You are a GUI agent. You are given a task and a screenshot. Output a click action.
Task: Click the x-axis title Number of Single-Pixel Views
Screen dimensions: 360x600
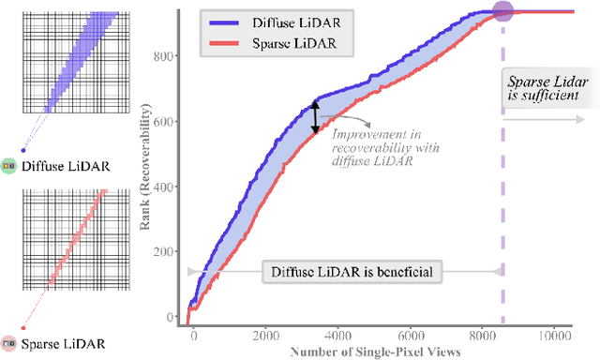tap(375, 352)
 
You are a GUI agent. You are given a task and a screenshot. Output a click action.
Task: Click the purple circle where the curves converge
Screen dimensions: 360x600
tap(502, 12)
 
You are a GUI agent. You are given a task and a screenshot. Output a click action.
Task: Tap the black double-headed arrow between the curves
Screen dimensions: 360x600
tap(315, 118)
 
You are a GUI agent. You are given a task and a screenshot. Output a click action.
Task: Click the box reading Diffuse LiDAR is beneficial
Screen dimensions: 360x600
tap(346, 272)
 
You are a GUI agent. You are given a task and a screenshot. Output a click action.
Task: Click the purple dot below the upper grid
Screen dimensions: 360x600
tap(23, 149)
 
